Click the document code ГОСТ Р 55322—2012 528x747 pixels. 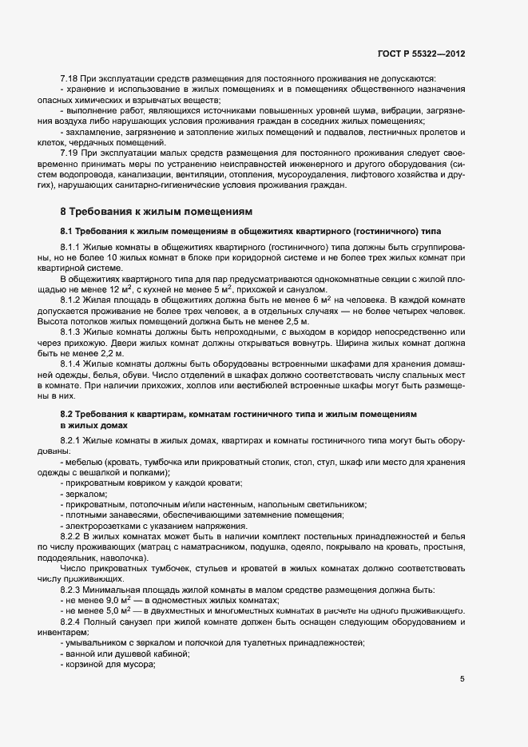[x=420, y=54]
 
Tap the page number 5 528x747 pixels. [x=462, y=679]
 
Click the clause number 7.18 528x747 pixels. [x=69, y=78]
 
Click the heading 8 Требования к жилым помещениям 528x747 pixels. [x=157, y=212]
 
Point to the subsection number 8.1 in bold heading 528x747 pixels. [x=67, y=230]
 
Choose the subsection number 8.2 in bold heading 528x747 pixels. [x=67, y=414]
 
